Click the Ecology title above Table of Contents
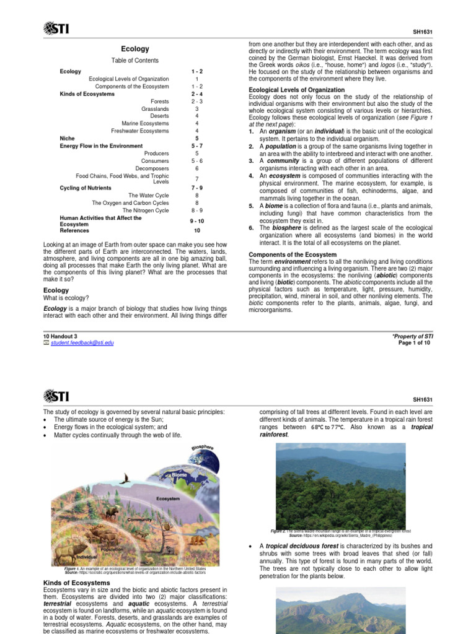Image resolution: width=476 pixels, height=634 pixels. (x=134, y=48)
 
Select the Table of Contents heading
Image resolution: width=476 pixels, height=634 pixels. (x=134, y=61)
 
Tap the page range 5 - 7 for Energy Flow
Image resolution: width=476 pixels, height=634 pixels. (x=196, y=145)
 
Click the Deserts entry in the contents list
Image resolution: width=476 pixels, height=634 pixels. (x=157, y=116)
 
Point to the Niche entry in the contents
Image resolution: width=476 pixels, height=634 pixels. (x=67, y=138)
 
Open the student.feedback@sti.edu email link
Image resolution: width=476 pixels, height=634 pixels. (x=82, y=342)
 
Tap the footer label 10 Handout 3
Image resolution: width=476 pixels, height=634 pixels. (x=60, y=336)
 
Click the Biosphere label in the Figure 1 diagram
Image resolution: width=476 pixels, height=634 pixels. (x=203, y=448)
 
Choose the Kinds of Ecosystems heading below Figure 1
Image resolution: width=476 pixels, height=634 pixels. (x=76, y=583)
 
